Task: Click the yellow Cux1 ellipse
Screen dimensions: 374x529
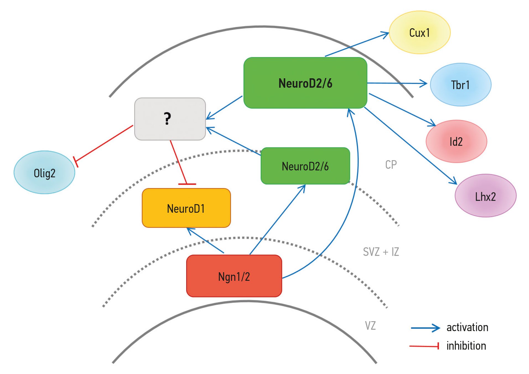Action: pyautogui.click(x=419, y=32)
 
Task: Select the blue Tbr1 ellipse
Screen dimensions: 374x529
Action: pyautogui.click(x=461, y=85)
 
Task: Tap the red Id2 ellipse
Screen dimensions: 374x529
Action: pyautogui.click(x=456, y=141)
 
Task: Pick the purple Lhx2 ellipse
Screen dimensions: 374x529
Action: pyautogui.click(x=485, y=196)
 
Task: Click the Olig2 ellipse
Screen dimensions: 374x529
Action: pyautogui.click(x=45, y=173)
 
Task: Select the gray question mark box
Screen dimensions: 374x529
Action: pyautogui.click(x=170, y=119)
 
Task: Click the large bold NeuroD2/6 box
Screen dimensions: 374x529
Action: pyautogui.click(x=305, y=83)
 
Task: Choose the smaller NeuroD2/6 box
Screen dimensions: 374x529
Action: pyautogui.click(x=305, y=166)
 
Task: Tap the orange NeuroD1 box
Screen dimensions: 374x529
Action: pyautogui.click(x=186, y=208)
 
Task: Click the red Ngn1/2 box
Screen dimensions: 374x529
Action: pyautogui.click(x=234, y=276)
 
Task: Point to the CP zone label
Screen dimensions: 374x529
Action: pyautogui.click(x=391, y=165)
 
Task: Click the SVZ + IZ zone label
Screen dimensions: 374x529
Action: pyautogui.click(x=381, y=252)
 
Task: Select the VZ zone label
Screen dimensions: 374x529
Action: pyautogui.click(x=370, y=326)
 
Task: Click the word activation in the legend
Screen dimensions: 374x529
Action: pyautogui.click(x=467, y=328)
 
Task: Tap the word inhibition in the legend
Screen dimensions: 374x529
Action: pyautogui.click(x=466, y=346)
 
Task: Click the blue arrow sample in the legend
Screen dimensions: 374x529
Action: pyautogui.click(x=425, y=328)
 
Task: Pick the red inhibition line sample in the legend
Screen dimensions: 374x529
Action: pyautogui.click(x=424, y=346)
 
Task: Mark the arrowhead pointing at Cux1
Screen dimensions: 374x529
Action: pyautogui.click(x=386, y=34)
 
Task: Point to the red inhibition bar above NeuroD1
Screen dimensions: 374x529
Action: pyautogui.click(x=187, y=184)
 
